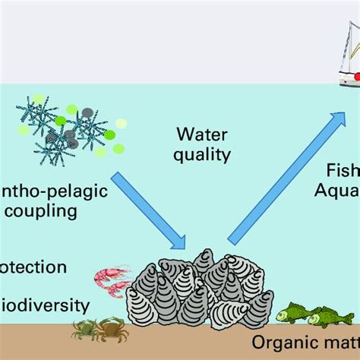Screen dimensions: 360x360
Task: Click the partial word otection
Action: coord(33,267)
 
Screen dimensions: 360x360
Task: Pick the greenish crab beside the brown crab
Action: coord(83,329)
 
